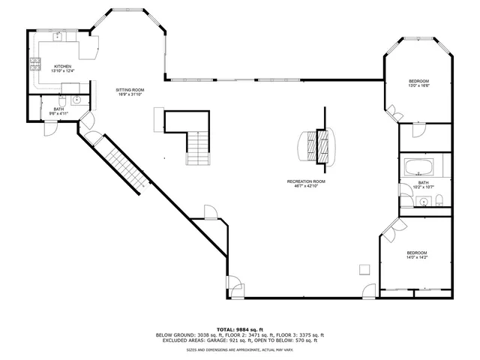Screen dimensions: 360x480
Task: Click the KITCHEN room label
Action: point(62,66)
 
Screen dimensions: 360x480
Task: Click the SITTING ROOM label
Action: point(129,90)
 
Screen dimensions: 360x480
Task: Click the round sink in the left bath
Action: point(76,100)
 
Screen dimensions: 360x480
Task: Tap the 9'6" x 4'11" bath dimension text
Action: point(58,114)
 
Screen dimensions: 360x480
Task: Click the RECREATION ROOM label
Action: point(305,181)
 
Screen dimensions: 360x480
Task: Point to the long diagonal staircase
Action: point(124,169)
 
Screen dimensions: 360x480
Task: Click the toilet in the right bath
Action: point(440,199)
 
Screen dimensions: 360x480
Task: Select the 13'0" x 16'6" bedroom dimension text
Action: point(418,86)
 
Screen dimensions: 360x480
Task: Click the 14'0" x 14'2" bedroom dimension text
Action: point(416,257)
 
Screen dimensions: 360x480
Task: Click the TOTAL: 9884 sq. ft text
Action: point(239,328)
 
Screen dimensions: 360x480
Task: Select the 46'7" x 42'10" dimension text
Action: point(305,186)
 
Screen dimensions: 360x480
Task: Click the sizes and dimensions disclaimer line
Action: point(239,349)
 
